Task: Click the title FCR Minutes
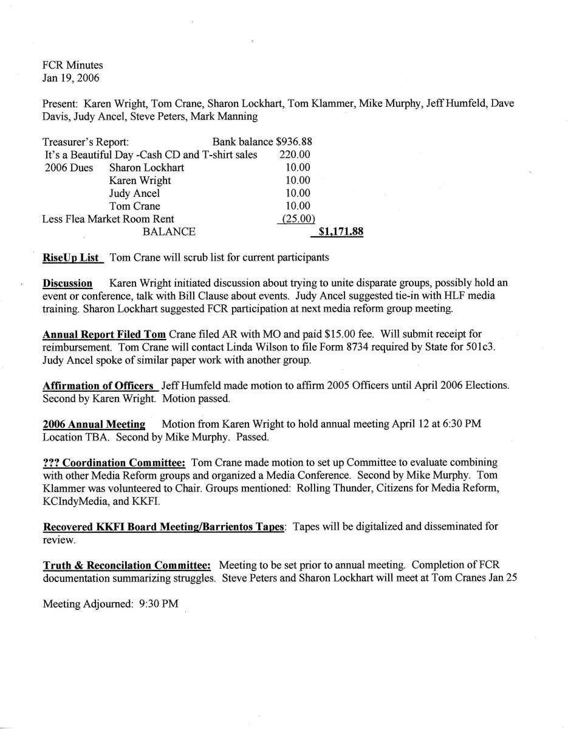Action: pos(73,65)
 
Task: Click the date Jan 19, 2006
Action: pos(71,78)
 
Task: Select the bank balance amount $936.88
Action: pos(294,141)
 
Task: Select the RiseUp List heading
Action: pos(71,258)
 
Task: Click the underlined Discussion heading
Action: pos(67,284)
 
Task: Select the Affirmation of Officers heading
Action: pos(98,386)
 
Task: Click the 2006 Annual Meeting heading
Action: pos(94,424)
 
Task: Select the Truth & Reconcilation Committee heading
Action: pos(126,566)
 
